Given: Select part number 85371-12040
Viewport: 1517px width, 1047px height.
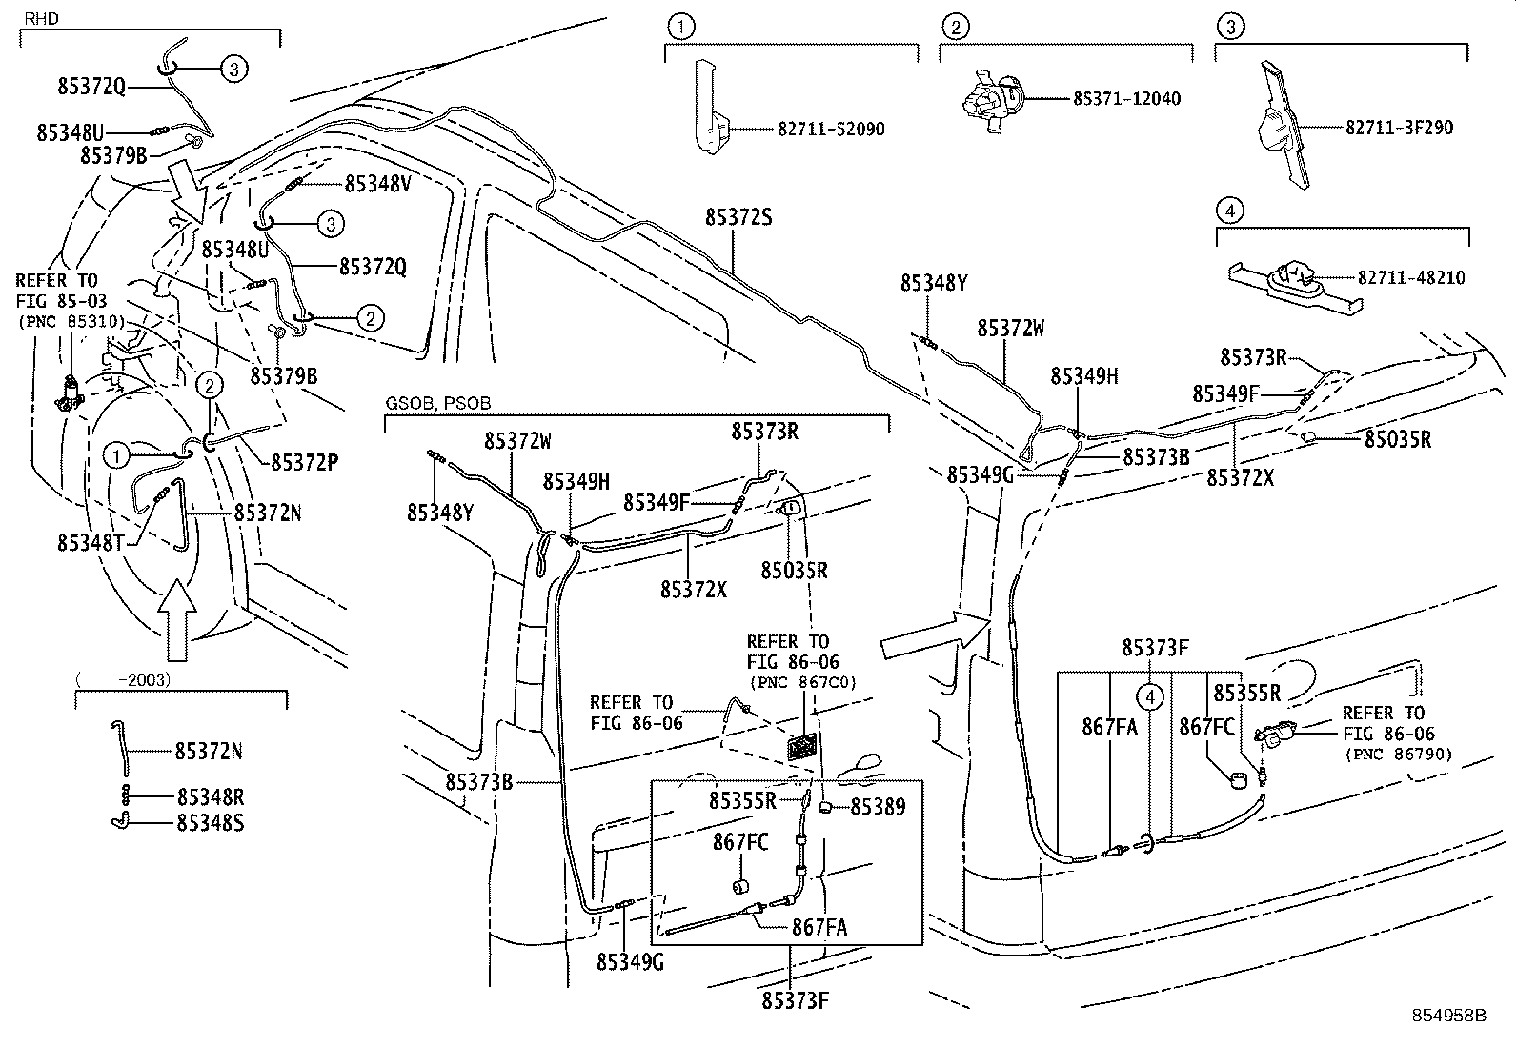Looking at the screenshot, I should pyautogui.click(x=1126, y=98).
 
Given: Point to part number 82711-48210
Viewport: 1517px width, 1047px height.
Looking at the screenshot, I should pyautogui.click(x=1411, y=278).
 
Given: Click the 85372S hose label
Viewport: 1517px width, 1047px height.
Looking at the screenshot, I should pyautogui.click(x=738, y=217).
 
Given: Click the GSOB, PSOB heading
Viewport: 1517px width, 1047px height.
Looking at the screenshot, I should pyautogui.click(x=437, y=404).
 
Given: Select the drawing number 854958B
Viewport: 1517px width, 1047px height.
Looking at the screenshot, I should pyautogui.click(x=1448, y=1017).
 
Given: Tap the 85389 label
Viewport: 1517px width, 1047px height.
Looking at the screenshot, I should pyautogui.click(x=878, y=807).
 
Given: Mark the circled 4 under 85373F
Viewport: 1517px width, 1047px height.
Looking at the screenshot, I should pyautogui.click(x=1151, y=697).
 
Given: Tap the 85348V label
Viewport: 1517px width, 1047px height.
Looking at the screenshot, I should pyautogui.click(x=377, y=184).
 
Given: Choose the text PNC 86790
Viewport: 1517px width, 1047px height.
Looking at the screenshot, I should pyautogui.click(x=1399, y=754).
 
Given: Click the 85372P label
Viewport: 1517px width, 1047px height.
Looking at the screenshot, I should pyautogui.click(x=305, y=462).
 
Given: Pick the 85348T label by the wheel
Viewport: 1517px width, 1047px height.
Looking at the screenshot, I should pyautogui.click(x=91, y=542).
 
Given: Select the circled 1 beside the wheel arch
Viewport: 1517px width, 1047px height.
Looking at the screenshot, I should pyautogui.click(x=116, y=455).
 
